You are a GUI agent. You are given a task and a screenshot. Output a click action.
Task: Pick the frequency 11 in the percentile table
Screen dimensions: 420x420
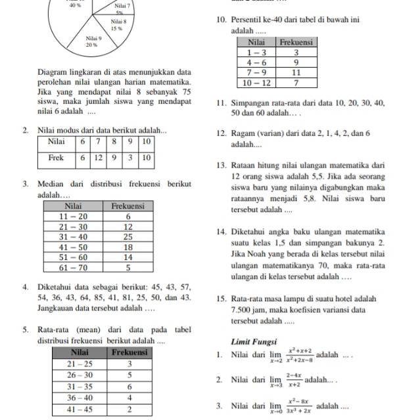(296, 72)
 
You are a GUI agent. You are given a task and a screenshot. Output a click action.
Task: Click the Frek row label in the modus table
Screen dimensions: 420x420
(59, 157)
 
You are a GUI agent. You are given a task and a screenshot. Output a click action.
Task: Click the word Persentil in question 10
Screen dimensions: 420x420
(252, 20)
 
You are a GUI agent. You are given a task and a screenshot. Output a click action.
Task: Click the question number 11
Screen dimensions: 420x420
(222, 104)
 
